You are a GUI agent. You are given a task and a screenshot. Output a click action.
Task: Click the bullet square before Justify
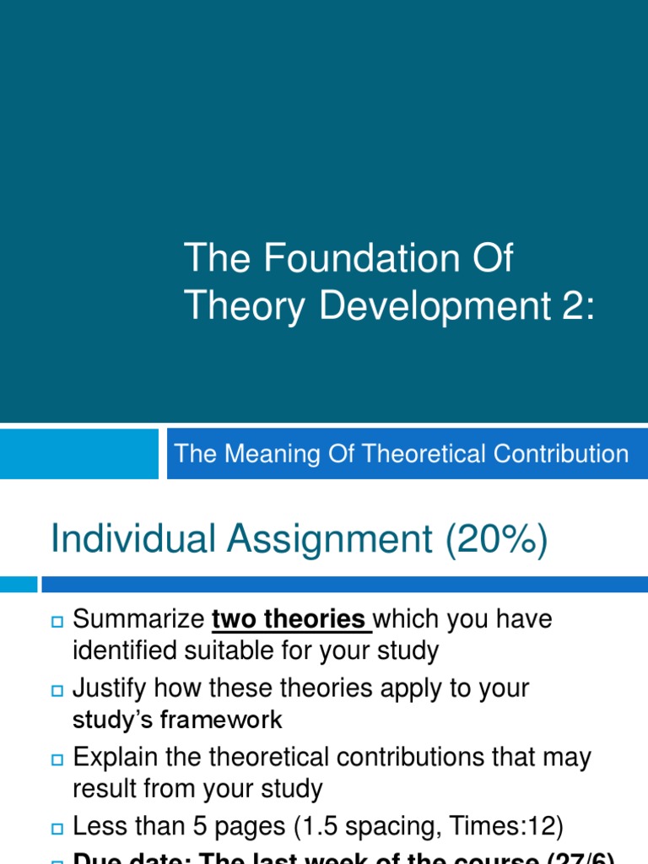[57, 690]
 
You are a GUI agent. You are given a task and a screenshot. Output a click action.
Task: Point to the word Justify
[108, 688]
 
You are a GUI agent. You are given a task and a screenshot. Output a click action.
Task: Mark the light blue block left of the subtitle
[79, 454]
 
